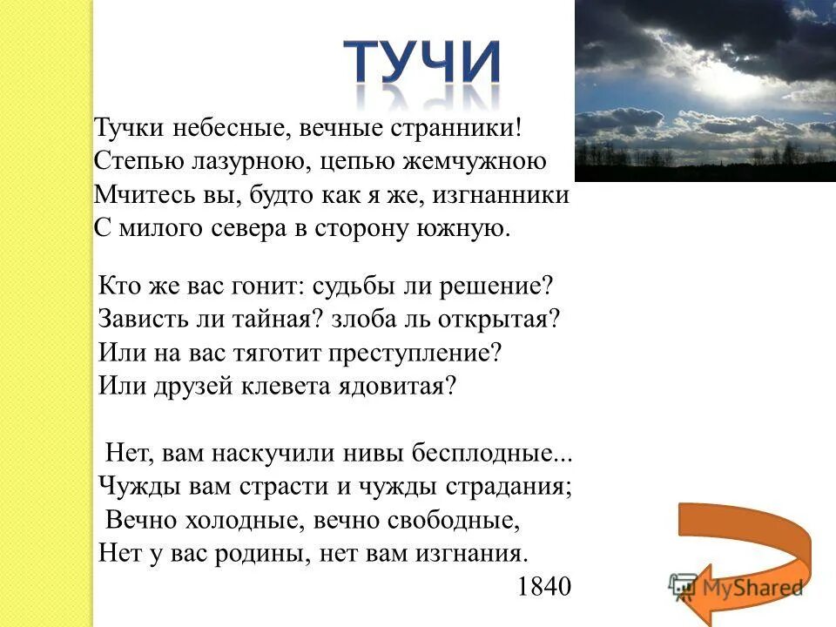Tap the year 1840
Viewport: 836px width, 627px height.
(x=544, y=587)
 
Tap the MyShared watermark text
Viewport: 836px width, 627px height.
(x=749, y=588)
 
